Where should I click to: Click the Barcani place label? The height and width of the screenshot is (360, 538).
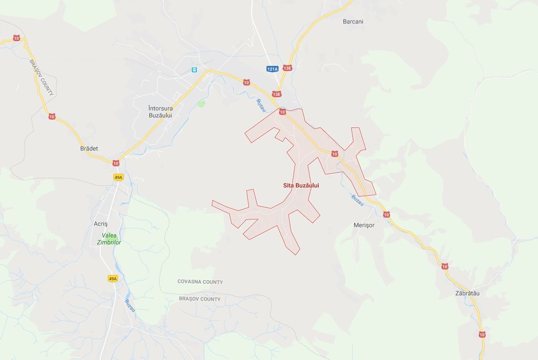(353, 21)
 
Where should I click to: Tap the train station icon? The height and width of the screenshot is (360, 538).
(194, 70)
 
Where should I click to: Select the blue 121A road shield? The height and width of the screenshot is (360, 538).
(272, 69)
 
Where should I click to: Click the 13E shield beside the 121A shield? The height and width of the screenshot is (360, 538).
(287, 68)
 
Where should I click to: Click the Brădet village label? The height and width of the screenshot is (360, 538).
(89, 148)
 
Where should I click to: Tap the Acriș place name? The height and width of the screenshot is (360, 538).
(101, 224)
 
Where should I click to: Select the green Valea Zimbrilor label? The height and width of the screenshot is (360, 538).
(109, 239)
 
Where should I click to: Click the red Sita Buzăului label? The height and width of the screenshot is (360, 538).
(301, 185)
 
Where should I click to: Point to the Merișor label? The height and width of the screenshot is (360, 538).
(364, 225)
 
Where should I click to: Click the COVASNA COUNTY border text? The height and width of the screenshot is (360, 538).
(200, 282)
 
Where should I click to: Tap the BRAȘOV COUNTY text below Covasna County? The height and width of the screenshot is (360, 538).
(200, 299)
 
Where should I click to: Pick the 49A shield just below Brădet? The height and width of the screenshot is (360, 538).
(118, 177)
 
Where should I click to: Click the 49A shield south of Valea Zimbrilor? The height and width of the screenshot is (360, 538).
(112, 279)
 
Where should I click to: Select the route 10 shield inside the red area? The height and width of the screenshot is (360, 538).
(335, 154)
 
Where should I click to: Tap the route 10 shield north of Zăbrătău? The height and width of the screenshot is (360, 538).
(445, 266)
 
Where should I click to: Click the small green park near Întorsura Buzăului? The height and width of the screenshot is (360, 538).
(201, 103)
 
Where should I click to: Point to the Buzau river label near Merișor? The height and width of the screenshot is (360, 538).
(357, 200)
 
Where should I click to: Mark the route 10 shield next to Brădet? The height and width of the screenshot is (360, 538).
(116, 163)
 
